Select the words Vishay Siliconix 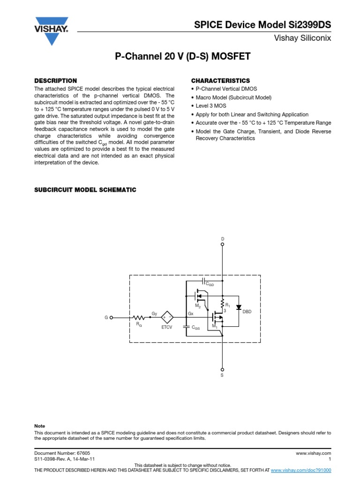(303, 38)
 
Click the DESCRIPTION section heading (56, 81)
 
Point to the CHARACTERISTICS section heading (220, 81)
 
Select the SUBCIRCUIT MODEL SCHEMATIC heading (85, 190)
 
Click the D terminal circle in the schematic (223, 244)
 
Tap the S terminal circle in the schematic (223, 369)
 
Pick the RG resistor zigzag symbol (139, 317)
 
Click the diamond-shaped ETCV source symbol (167, 317)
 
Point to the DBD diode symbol (239, 307)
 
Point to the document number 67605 (83, 454)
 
